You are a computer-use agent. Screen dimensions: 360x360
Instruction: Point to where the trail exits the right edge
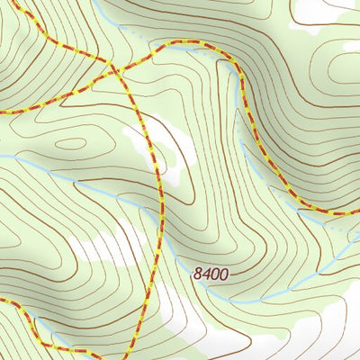tap(356, 212)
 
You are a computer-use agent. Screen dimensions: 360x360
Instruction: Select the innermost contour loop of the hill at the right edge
tap(346, 76)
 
